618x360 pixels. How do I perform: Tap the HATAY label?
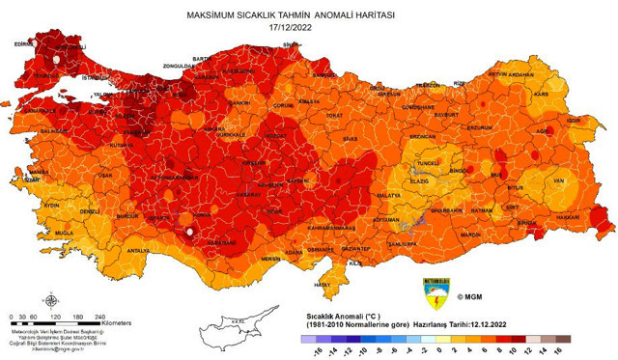[322, 285]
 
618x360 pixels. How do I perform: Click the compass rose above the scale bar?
[38, 300]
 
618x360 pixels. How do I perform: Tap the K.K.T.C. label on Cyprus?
[228, 320]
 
